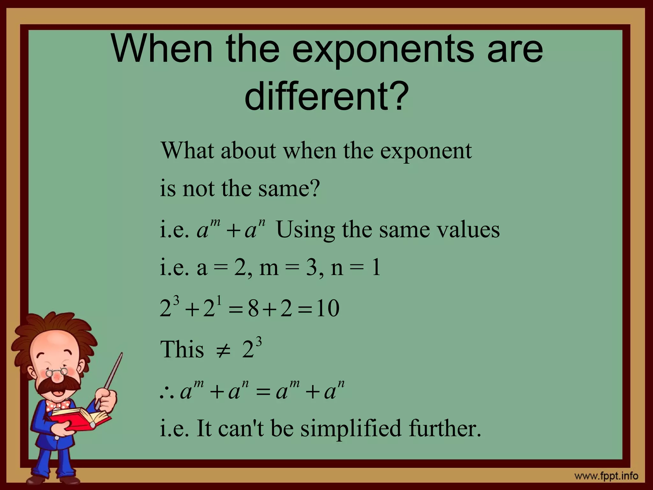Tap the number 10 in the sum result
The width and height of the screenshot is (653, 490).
pyautogui.click(x=328, y=309)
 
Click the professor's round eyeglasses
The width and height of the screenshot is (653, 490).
pyautogui.click(x=57, y=372)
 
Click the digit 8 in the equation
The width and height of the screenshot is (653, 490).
pyautogui.click(x=253, y=309)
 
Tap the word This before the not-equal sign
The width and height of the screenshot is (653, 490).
pyautogui.click(x=182, y=350)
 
